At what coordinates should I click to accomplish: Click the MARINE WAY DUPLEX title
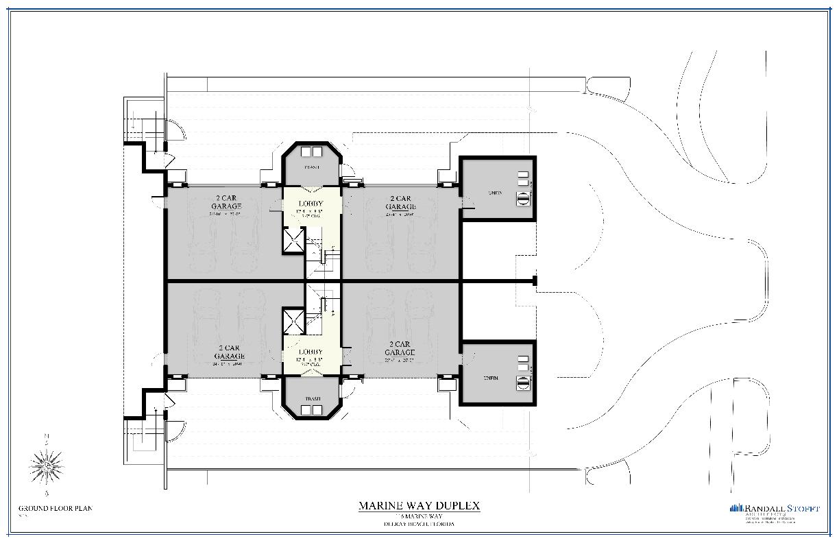419,506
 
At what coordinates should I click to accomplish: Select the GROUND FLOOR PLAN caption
55,508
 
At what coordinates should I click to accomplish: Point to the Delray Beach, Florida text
419,524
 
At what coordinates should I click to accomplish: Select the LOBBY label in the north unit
311,204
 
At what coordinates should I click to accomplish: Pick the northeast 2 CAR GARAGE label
400,202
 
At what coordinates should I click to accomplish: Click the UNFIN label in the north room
495,193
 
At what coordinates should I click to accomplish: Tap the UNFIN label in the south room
491,378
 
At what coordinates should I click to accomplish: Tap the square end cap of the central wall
534,280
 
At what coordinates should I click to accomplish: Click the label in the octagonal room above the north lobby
311,167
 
